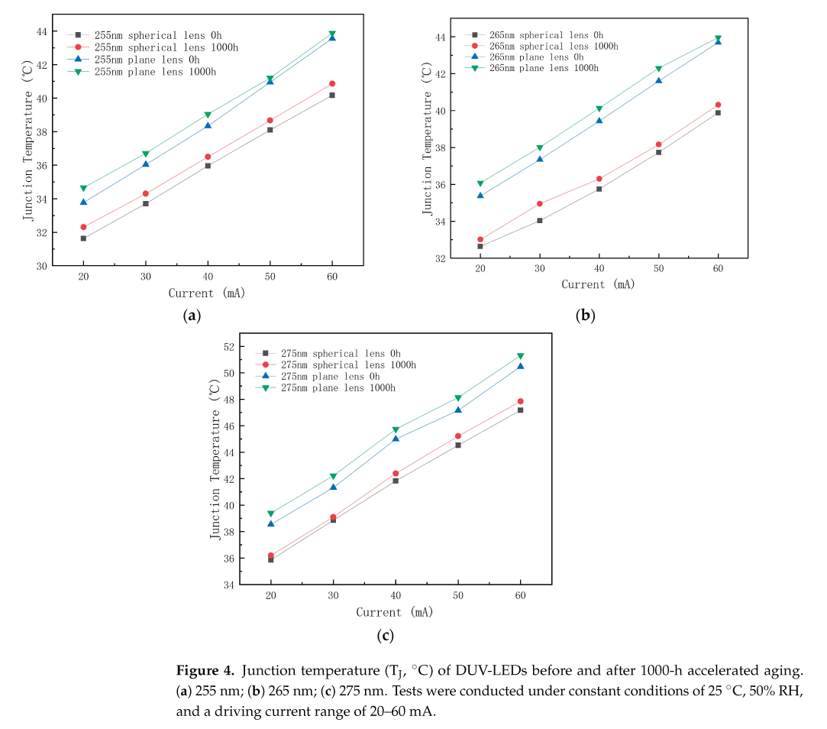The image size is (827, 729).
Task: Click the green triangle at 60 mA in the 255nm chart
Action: click(x=332, y=34)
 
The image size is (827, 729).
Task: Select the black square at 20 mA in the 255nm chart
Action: click(x=83, y=238)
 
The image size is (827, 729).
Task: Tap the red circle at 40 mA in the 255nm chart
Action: click(x=208, y=157)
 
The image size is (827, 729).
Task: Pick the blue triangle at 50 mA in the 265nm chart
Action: click(x=658, y=80)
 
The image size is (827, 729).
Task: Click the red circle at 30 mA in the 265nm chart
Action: click(x=540, y=204)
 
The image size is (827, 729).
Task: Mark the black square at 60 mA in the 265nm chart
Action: click(x=718, y=112)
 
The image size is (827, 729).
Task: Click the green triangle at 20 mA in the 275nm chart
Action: click(x=270, y=514)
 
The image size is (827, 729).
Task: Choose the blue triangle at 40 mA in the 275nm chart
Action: click(x=396, y=438)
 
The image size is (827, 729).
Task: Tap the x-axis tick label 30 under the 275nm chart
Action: click(x=333, y=597)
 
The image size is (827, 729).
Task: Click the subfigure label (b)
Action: click(x=586, y=315)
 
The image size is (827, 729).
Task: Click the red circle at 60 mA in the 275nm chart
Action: click(x=521, y=401)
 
